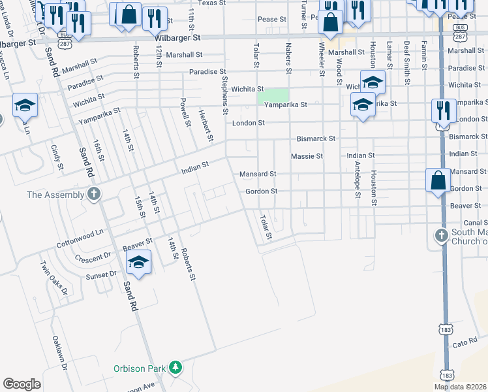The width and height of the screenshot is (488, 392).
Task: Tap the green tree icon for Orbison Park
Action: [x=174, y=368]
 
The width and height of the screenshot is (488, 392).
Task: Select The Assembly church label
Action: [x=55, y=195]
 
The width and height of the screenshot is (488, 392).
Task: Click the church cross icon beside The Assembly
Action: [x=94, y=194]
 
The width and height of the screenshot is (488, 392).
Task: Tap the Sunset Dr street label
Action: [x=100, y=274]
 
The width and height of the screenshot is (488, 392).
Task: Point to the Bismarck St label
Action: [x=316, y=139]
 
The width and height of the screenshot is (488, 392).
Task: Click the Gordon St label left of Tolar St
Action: [x=262, y=191]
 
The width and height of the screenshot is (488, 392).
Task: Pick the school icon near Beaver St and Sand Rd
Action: [x=138, y=263]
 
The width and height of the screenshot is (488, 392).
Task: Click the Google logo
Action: [x=22, y=384]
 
